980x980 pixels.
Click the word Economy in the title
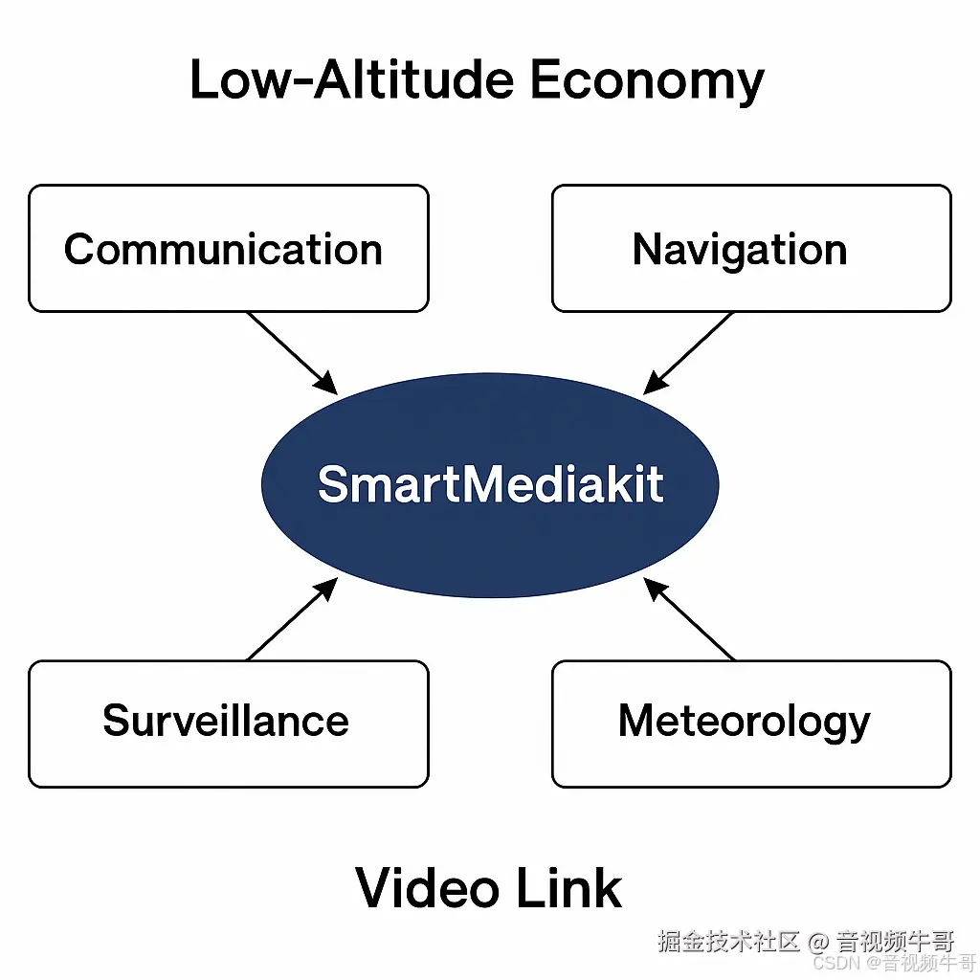(x=647, y=80)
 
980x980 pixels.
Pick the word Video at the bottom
(x=429, y=888)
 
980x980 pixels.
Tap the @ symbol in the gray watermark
(x=818, y=941)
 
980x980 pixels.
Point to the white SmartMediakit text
(x=490, y=484)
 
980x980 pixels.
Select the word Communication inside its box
(x=223, y=250)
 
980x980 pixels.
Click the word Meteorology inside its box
(x=744, y=721)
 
